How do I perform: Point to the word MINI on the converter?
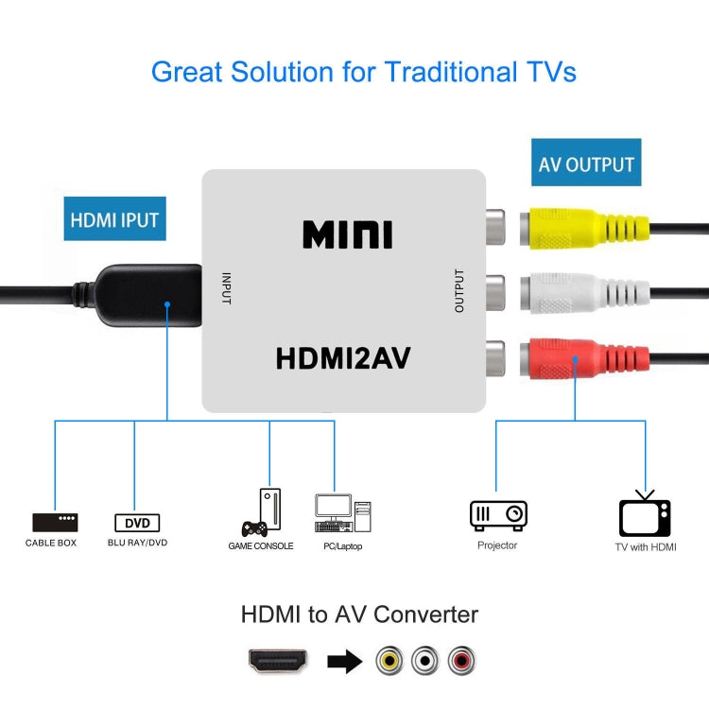(347, 234)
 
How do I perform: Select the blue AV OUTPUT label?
(586, 164)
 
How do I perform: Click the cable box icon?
(55, 522)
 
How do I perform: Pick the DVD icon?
(137, 523)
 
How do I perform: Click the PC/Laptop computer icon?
(341, 514)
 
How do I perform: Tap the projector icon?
(498, 514)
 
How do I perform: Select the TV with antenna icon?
(645, 516)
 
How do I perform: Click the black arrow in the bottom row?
(345, 661)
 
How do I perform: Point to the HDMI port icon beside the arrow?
(277, 660)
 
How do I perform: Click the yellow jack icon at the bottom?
(389, 661)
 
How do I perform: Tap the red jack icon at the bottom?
(462, 661)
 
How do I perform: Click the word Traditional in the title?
(423, 72)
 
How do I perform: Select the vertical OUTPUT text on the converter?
(459, 291)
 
